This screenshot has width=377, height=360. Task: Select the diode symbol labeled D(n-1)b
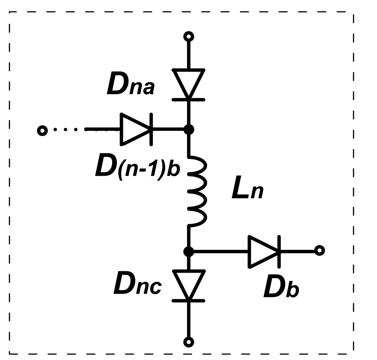click(136, 129)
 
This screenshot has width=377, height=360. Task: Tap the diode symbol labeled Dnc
click(189, 284)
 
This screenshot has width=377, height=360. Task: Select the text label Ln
click(248, 192)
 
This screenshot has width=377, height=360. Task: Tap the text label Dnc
click(138, 284)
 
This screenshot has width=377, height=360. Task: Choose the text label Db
click(281, 290)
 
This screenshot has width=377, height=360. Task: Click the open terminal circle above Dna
click(189, 37)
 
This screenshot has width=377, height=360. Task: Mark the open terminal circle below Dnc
click(189, 342)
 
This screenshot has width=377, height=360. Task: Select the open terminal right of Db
click(319, 251)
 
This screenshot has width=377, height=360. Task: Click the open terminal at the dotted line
click(41, 130)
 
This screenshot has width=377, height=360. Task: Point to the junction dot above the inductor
click(189, 130)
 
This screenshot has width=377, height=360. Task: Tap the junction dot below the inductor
click(189, 251)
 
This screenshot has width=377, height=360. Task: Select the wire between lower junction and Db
click(219, 251)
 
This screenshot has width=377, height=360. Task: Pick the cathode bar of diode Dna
click(189, 99)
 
